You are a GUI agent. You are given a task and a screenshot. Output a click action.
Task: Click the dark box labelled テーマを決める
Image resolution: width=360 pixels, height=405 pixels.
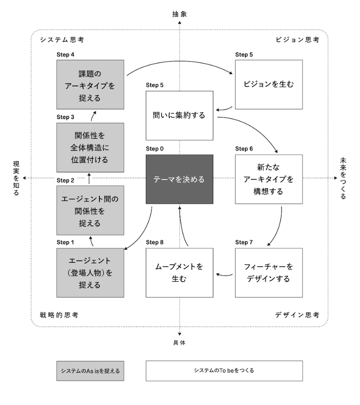(179, 179)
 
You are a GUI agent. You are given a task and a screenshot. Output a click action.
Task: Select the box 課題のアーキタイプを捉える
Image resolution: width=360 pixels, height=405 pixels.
(90, 85)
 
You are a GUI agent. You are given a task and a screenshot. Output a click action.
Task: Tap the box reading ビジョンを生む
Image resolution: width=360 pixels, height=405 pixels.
(269, 84)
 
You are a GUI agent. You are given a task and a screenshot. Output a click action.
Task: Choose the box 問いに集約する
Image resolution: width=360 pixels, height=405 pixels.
(179, 115)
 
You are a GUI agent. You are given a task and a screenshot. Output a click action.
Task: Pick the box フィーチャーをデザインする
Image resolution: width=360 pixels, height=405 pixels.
(269, 272)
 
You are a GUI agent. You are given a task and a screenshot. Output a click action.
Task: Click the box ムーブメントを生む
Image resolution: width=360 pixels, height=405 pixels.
(179, 272)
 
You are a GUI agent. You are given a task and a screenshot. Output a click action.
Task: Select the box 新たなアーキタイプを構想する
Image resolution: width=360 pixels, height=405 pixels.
(269, 179)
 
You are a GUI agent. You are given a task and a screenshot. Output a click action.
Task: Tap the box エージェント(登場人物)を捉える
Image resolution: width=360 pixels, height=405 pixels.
(90, 272)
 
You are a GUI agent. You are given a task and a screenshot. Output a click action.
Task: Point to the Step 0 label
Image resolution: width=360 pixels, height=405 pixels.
(155, 148)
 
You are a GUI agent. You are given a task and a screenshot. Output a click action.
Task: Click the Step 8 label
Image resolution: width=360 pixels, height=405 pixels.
(155, 242)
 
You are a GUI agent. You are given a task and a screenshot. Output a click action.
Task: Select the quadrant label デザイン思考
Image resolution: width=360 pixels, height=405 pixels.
(297, 315)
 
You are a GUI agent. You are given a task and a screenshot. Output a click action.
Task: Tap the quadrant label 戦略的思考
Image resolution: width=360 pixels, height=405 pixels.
(59, 315)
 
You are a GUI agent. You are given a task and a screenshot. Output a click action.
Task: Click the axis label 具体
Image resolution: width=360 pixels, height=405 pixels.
(180, 342)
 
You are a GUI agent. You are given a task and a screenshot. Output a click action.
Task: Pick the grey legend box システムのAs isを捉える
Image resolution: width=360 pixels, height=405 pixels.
(90, 370)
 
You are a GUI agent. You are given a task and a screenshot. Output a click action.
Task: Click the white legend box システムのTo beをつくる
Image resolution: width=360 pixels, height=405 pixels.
(224, 370)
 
